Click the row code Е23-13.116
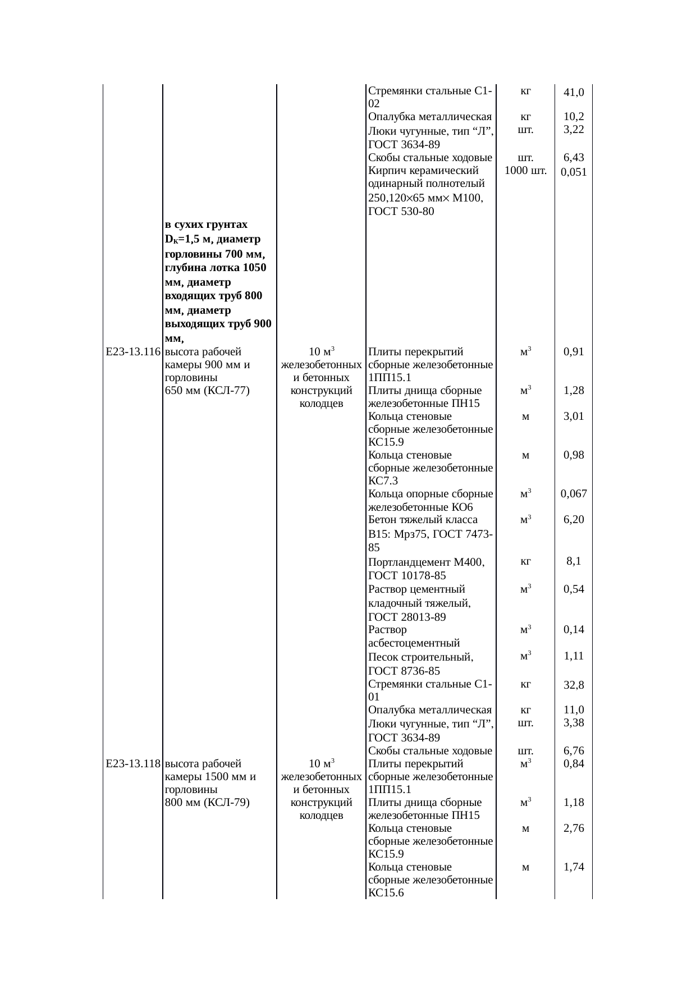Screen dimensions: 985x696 click(133, 352)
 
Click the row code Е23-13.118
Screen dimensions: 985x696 click(133, 764)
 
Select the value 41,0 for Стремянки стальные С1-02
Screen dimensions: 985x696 click(574, 92)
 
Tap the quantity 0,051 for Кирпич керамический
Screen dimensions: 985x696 click(574, 173)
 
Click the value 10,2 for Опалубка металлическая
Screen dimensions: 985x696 click(574, 117)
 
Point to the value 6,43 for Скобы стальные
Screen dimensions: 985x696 click(574, 159)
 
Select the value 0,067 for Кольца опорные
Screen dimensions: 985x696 click(574, 494)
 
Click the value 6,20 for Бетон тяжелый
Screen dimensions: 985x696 click(574, 520)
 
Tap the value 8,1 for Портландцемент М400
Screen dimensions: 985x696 click(574, 561)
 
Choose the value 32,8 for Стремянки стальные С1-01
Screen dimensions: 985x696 click(574, 685)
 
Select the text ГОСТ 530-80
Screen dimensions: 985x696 click(401, 212)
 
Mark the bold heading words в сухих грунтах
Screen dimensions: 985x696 click(206, 225)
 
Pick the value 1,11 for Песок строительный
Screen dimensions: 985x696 click(574, 656)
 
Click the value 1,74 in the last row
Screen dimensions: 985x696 click(574, 867)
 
